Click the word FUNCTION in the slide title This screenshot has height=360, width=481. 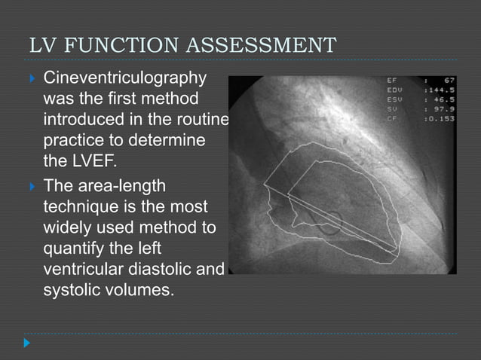(x=124, y=45)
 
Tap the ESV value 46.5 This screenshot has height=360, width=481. (x=442, y=99)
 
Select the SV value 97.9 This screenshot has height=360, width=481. (x=442, y=108)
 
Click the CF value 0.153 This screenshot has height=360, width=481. (x=440, y=117)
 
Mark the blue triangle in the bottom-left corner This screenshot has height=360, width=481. (x=27, y=343)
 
